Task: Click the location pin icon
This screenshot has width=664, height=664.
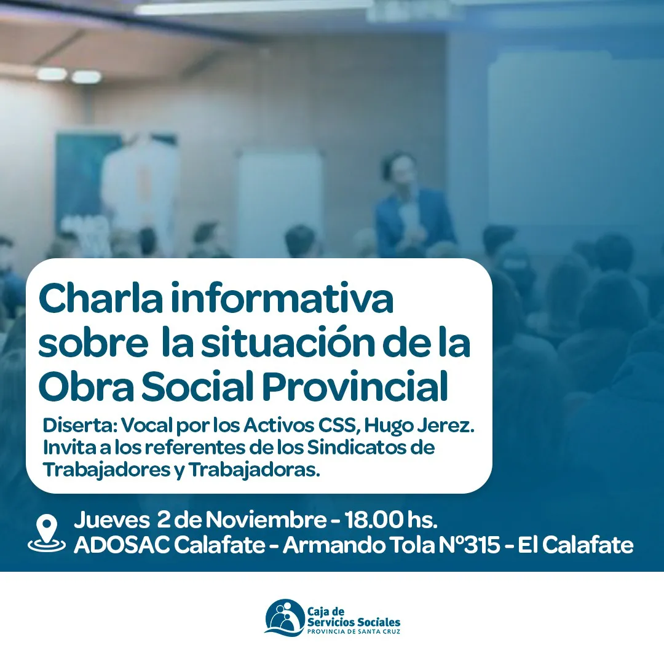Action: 47,534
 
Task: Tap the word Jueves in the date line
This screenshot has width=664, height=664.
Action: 112,520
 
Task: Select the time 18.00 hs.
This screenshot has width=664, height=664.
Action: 391,520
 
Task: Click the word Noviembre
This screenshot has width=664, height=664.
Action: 266,520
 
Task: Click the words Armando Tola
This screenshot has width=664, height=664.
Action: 358,545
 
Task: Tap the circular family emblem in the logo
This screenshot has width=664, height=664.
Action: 285,617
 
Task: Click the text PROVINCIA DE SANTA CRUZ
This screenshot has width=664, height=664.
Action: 354,631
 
